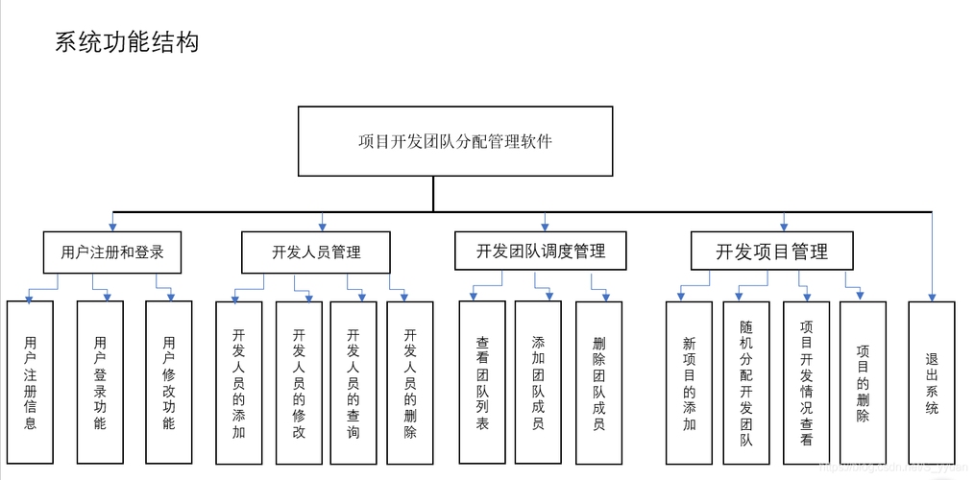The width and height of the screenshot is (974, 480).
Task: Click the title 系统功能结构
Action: coord(127,43)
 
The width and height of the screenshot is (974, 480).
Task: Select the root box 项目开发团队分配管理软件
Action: coord(454,141)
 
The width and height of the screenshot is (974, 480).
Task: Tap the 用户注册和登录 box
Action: coord(112,252)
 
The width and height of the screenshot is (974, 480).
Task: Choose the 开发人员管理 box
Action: coord(316,252)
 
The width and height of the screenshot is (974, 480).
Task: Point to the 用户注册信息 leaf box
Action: coord(31,382)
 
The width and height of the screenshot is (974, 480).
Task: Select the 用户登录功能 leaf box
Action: coord(101,382)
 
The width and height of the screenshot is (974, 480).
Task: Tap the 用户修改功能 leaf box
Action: coord(169,382)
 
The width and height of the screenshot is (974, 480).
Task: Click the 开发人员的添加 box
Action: coord(239,382)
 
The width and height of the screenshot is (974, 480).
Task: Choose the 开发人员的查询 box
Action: coord(353,382)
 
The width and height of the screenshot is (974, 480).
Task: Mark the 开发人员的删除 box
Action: coord(410,382)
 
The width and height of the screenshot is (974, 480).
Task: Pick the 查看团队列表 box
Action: coord(482,382)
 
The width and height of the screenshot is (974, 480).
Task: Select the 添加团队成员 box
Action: coord(538,382)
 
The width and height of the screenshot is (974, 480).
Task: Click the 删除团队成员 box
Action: coord(598,382)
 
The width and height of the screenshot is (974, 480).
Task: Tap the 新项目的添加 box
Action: coord(690,382)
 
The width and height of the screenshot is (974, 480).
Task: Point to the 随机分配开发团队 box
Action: coord(746,382)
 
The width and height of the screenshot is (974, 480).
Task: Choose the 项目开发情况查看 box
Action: coord(806,382)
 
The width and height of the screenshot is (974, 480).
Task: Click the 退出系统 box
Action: coord(932,382)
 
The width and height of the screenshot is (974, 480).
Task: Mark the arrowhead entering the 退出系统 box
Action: coord(932,296)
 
